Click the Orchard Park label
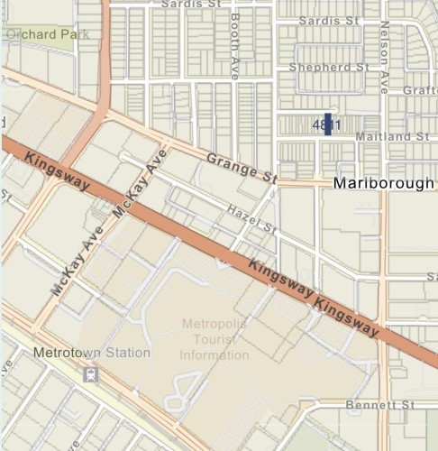pos(41,33)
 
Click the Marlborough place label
pos(385,183)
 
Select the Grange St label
pos(241,169)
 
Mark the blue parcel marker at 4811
pos(328,124)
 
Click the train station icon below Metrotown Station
pos(89,373)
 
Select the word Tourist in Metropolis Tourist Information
pos(214,339)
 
